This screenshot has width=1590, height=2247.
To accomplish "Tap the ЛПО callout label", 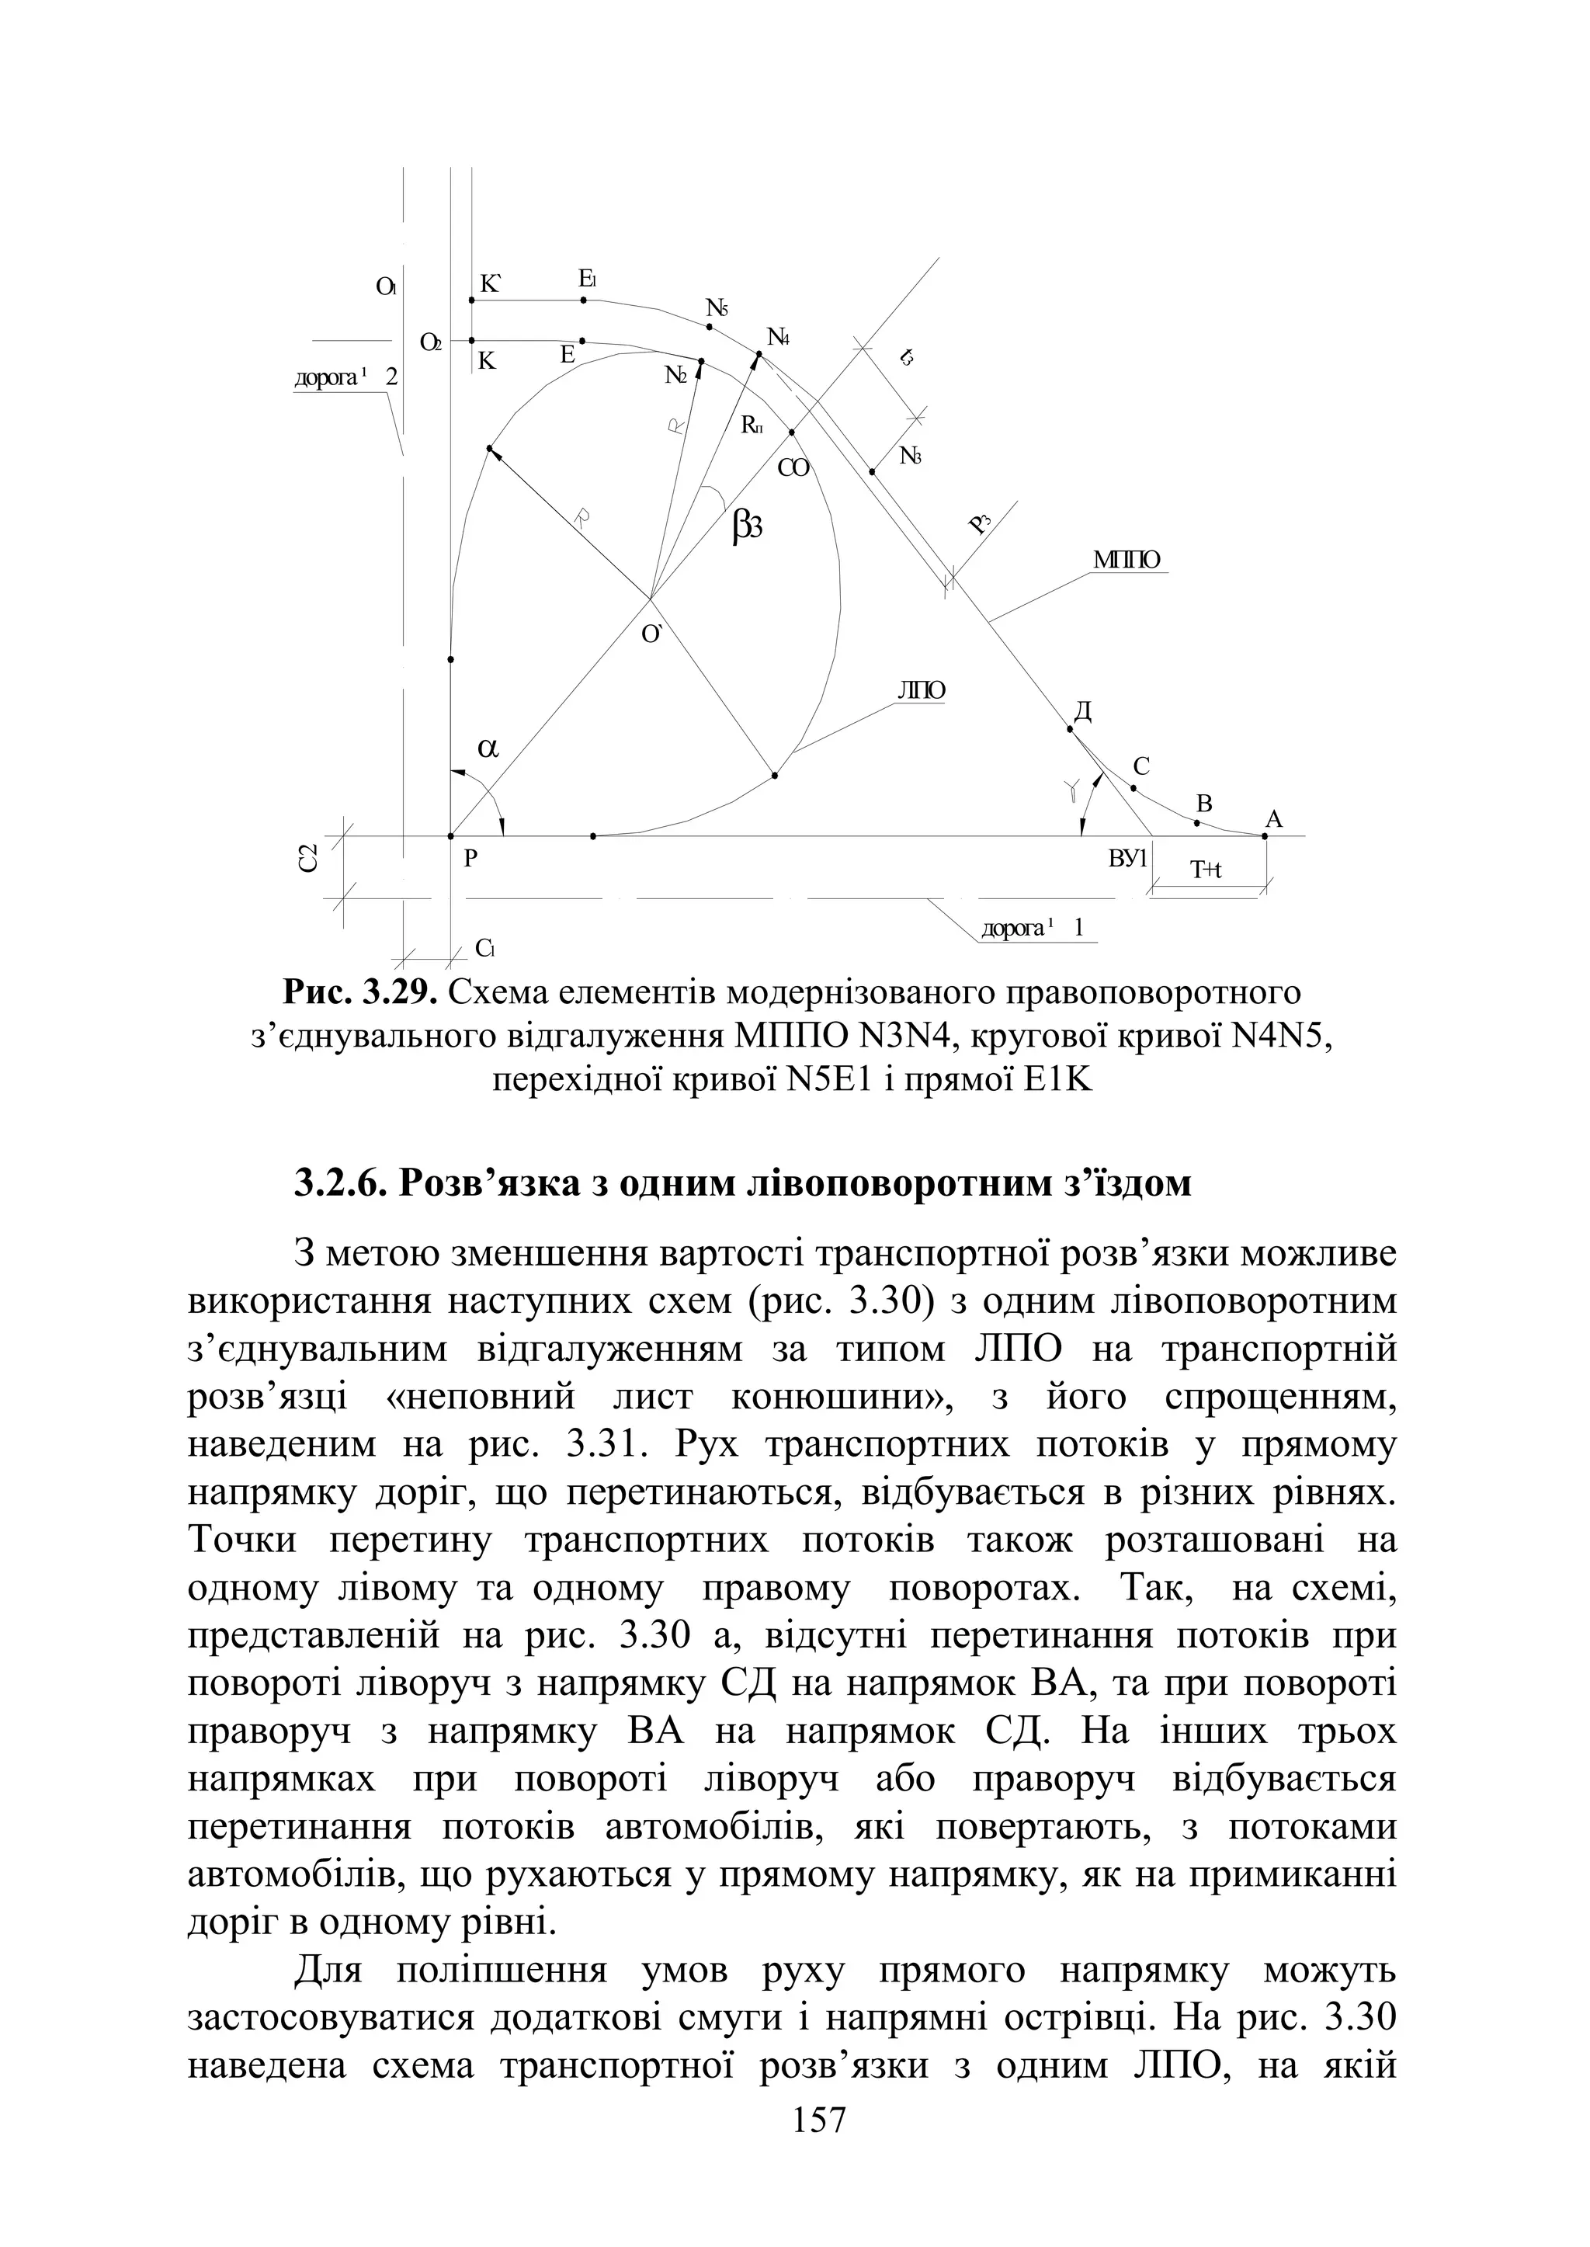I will tap(922, 690).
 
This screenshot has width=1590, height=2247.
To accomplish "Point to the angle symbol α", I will tap(488, 748).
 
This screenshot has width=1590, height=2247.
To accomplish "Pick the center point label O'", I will tap(652, 634).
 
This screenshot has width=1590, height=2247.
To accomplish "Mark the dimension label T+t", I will tap(1206, 870).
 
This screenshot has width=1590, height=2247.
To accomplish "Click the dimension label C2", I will tap(307, 860).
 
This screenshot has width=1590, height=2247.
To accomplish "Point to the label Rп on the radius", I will tap(752, 424).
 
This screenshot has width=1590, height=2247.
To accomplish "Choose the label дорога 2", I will tap(345, 377).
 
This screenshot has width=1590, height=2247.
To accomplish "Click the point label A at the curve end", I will tap(1274, 818).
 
